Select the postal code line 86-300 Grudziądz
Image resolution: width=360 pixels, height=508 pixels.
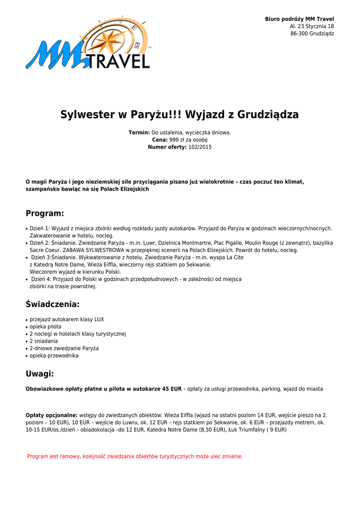point(312,34)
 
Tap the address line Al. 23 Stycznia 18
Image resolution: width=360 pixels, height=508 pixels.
point(312,26)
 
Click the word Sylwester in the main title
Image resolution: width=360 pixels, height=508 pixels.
point(87,115)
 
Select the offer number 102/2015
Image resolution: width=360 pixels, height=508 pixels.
point(200,147)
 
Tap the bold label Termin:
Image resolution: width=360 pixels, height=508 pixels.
point(139,132)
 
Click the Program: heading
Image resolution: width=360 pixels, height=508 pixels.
point(45,213)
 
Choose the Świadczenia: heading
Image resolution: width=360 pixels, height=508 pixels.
point(53,304)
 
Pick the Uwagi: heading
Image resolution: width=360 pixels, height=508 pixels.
point(40,374)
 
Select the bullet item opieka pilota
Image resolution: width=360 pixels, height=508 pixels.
point(46,326)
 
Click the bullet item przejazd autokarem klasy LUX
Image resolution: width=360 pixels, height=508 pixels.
point(67,319)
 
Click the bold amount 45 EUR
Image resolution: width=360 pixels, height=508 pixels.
point(172,389)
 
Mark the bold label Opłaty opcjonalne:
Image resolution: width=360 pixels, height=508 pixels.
point(52,415)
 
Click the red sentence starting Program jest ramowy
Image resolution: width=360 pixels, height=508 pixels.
point(135,456)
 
